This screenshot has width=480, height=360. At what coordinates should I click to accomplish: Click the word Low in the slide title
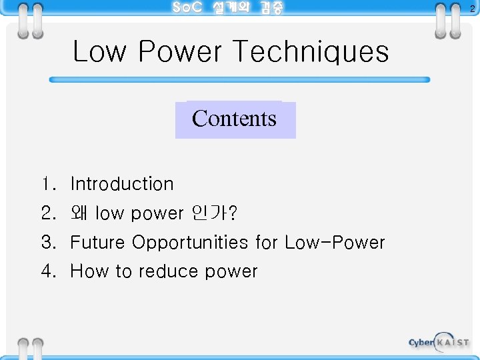99,52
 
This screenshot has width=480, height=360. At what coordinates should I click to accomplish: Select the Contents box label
234,119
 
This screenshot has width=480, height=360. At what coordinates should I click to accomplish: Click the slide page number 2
472,9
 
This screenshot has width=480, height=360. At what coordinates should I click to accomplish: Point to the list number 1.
47,184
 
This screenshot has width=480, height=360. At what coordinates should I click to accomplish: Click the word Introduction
122,184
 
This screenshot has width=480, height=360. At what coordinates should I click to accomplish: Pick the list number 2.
47,213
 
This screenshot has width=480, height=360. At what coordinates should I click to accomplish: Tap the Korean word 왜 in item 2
80,213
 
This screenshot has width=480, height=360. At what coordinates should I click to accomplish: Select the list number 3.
47,242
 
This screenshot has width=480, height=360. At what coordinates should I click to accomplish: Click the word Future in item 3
98,242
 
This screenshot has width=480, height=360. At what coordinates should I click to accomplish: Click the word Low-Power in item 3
335,242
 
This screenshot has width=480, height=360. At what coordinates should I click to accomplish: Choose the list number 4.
47,271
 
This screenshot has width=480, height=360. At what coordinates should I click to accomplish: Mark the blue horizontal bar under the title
240,79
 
